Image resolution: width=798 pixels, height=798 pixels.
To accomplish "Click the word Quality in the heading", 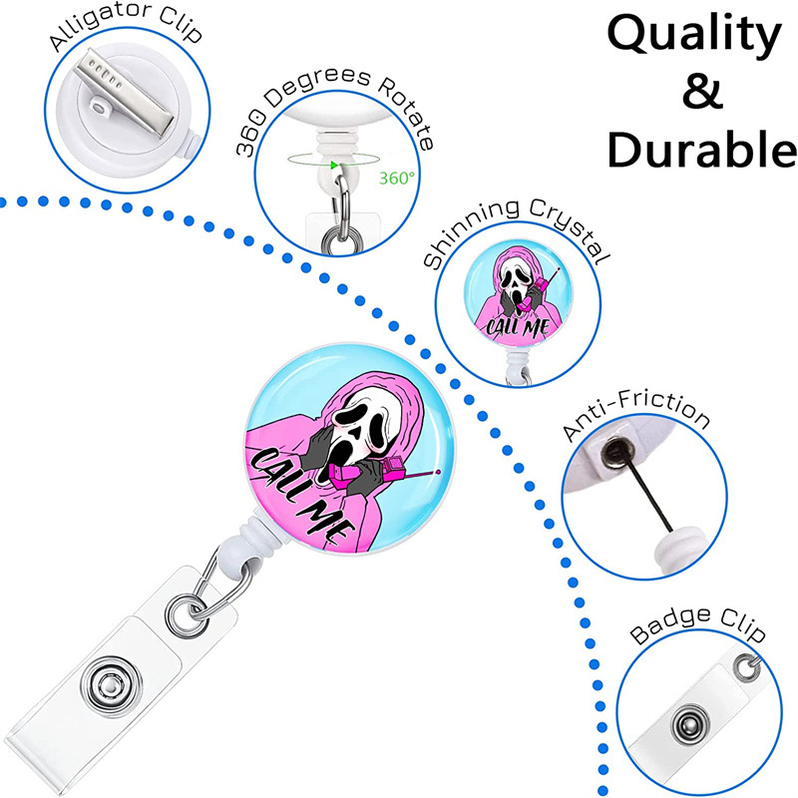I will [x=693, y=36].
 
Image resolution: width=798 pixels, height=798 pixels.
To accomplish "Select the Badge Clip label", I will [x=697, y=632].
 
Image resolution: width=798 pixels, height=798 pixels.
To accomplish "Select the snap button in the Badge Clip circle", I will [x=688, y=722].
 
